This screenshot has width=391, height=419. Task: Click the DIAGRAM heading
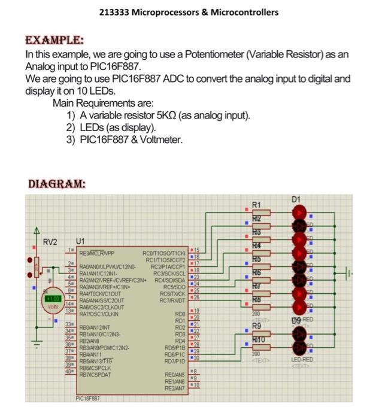56,183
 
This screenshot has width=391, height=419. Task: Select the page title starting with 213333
189,12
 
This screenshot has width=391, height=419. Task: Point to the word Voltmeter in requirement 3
162,139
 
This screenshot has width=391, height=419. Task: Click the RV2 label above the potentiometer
50,242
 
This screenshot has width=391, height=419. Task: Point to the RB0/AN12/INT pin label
96,327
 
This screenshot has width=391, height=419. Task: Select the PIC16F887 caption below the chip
87,397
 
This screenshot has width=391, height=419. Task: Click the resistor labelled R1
262,212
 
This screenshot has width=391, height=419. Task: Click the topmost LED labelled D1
299,212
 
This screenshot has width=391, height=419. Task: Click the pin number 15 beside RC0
195,250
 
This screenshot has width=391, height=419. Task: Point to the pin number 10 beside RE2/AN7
195,385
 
